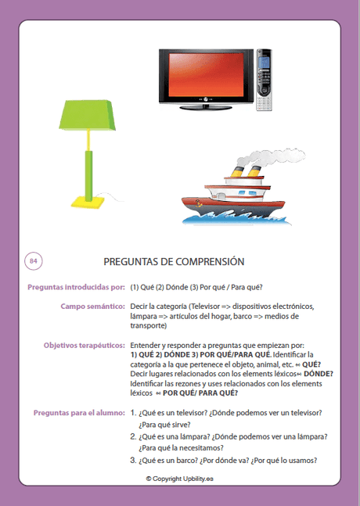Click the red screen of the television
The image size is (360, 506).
point(207,75)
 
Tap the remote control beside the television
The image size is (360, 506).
point(265,80)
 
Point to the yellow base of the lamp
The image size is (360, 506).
point(88,201)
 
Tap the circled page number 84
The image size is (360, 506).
point(34,260)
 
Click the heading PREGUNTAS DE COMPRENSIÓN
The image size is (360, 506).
point(175,262)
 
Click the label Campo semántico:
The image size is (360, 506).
point(93,306)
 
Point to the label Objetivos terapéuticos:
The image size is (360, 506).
point(85,345)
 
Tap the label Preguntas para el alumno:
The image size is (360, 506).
point(79,411)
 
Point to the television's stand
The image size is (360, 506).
point(206,104)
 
